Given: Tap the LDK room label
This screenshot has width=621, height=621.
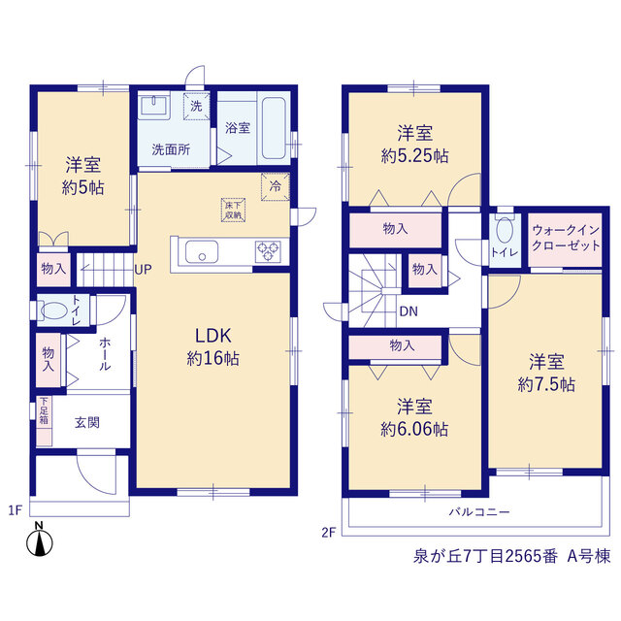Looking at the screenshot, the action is tap(213, 336).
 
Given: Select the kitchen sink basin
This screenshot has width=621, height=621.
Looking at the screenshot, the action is tap(202, 251).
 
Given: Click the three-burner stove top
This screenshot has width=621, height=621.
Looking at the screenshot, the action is tap(268, 251).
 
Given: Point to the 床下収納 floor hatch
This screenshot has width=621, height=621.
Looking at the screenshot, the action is tap(233, 210).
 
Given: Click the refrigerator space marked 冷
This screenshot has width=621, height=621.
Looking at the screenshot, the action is tap(276, 186).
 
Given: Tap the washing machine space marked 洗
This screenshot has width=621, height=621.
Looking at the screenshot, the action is tap(196, 106).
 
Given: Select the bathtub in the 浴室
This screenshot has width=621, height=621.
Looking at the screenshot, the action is tap(274, 128).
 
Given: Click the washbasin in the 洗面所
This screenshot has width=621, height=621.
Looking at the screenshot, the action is tap(154, 105).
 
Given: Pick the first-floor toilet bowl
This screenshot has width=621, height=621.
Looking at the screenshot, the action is tap(54, 310).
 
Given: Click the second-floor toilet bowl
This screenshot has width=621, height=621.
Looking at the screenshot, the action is tap(505, 230).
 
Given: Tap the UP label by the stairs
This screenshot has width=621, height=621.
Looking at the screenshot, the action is tap(143, 270).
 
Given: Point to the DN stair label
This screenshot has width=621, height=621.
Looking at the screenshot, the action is tap(409, 311).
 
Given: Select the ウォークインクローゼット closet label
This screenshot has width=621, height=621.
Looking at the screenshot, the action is tap(566, 238).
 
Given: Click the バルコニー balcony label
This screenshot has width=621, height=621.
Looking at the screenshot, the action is tap(479, 511).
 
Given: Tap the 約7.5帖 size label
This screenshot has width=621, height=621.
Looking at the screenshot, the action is tap(546, 384).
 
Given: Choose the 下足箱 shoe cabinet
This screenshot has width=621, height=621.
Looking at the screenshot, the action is tap(44, 420).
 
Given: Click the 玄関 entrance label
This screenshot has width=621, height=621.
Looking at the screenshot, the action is tap(87, 423).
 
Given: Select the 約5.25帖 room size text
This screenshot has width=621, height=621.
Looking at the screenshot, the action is tap(414, 155).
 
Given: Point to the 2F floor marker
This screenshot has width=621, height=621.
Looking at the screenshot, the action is tap(329, 533).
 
